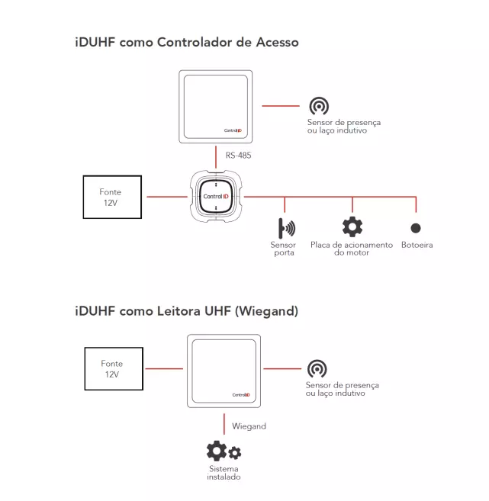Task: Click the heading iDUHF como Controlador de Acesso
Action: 187,43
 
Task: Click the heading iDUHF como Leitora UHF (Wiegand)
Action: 186,311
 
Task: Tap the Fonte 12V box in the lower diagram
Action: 111,369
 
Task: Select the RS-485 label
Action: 238,156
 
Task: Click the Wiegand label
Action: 249,426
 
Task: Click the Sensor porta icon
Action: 286,227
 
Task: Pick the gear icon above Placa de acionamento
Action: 352,226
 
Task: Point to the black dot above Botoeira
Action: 416,227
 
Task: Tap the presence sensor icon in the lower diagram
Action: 317,369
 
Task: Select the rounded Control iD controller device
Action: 217,197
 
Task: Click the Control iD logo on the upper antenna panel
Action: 233,130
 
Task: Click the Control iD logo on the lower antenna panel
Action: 241,394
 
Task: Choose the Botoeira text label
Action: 417,246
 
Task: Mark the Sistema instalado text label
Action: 224,473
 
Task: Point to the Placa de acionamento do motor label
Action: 352,249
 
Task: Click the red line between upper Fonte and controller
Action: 166,197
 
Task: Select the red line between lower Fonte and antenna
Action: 163,369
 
